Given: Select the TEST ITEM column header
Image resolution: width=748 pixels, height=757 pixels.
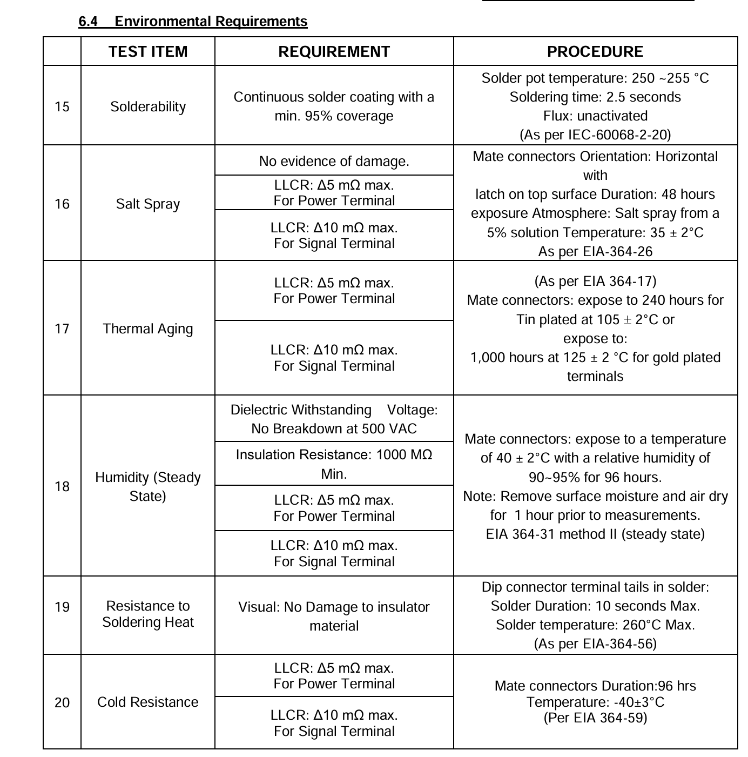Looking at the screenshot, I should pyautogui.click(x=148, y=51).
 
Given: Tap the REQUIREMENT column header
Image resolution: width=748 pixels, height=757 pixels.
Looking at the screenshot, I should pyautogui.click(x=334, y=51).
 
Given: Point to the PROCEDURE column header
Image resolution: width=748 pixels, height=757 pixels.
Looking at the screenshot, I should pyautogui.click(x=595, y=51).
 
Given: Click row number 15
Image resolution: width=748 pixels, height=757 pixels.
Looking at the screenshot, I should pyautogui.click(x=62, y=106).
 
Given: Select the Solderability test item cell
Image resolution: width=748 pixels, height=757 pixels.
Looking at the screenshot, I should pyautogui.click(x=148, y=106).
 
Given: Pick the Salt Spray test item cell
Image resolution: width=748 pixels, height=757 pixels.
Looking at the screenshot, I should pyautogui.click(x=148, y=204).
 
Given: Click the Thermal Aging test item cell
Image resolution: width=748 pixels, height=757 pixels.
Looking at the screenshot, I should pyautogui.click(x=148, y=329).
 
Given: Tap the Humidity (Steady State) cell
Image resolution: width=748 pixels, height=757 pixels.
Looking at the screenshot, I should pyautogui.click(x=148, y=486).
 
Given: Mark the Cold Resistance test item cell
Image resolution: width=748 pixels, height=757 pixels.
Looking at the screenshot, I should pyautogui.click(x=148, y=702).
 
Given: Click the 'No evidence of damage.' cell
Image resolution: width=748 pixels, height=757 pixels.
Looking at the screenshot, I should pyautogui.click(x=334, y=161).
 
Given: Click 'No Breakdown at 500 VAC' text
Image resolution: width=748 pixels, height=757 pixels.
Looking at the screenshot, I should pyautogui.click(x=334, y=428).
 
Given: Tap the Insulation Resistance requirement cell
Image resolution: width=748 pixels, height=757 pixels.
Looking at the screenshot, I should pyautogui.click(x=334, y=464).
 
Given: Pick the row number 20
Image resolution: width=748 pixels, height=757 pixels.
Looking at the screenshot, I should pyautogui.click(x=62, y=702).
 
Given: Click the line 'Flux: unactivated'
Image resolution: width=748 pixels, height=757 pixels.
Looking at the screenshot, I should pyautogui.click(x=595, y=116).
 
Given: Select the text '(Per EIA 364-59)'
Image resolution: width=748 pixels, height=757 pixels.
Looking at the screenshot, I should pyautogui.click(x=595, y=718).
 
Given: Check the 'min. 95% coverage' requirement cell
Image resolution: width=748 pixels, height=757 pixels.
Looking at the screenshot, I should pyautogui.click(x=334, y=106).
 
